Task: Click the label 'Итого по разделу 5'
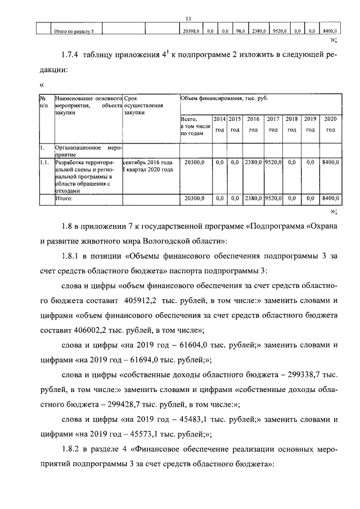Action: [x=73, y=32]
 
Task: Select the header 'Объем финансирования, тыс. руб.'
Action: [x=224, y=98]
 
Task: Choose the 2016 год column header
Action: [x=253, y=124]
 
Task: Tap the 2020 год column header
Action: [x=330, y=124]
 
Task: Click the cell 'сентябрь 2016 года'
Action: [x=147, y=162]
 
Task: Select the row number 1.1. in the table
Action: [x=44, y=162]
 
